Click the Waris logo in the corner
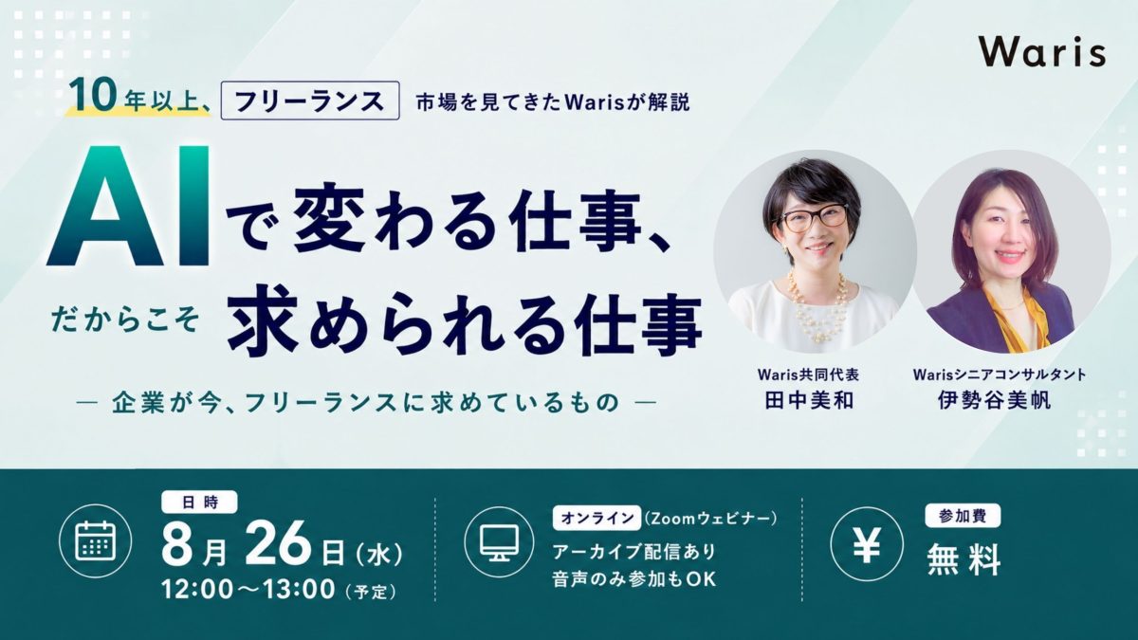(1042, 53)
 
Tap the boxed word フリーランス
(310, 101)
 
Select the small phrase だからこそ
(125, 320)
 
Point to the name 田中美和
(809, 401)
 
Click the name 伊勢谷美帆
(994, 401)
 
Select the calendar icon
(96, 540)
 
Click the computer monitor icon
(500, 541)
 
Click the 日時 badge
(199, 503)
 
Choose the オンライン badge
(597, 518)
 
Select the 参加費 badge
(963, 516)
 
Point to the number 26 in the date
(278, 543)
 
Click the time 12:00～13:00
(248, 589)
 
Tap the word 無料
(964, 559)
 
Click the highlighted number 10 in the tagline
(93, 96)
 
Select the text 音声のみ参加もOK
(634, 579)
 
